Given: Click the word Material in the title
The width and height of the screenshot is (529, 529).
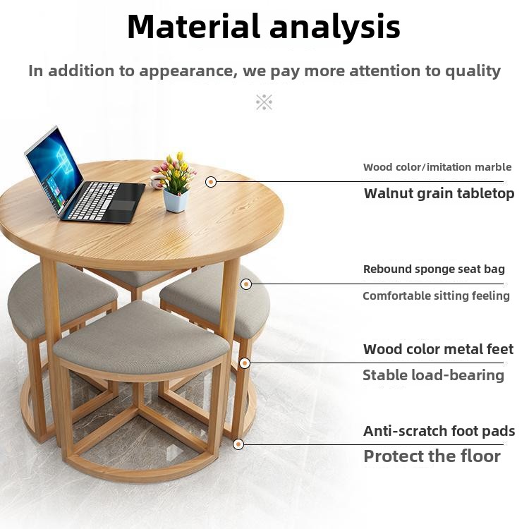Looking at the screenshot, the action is pos(193,26).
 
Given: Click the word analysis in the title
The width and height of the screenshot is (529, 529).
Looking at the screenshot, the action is pos(335,28).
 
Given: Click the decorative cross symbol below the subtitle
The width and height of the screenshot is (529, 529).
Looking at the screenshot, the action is pos(264,102).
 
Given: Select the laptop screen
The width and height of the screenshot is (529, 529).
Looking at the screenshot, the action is pos(54,171).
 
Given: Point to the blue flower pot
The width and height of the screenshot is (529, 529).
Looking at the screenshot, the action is pos(176,201).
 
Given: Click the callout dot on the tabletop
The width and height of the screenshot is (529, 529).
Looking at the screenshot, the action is pos(211,182).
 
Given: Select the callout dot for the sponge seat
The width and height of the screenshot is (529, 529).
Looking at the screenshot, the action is pos(246,284).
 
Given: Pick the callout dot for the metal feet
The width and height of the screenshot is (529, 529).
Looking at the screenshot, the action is pos(245,363).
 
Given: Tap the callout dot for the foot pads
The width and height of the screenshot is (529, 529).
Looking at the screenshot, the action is pos(238,444).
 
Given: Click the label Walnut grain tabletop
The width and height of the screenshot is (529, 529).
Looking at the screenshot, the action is pos(439,194).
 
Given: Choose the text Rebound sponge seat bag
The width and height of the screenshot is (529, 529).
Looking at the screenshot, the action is pos(434,269).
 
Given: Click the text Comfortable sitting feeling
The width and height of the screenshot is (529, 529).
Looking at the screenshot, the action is pos(436,296).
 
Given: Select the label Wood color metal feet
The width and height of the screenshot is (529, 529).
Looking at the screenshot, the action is pos(438,349).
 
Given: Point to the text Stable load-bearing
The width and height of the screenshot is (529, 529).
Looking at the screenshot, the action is pos(434,375).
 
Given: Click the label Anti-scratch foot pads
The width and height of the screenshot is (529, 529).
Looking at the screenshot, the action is pos(439,431).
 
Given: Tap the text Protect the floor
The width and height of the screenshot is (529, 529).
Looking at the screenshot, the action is pos(432,456).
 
